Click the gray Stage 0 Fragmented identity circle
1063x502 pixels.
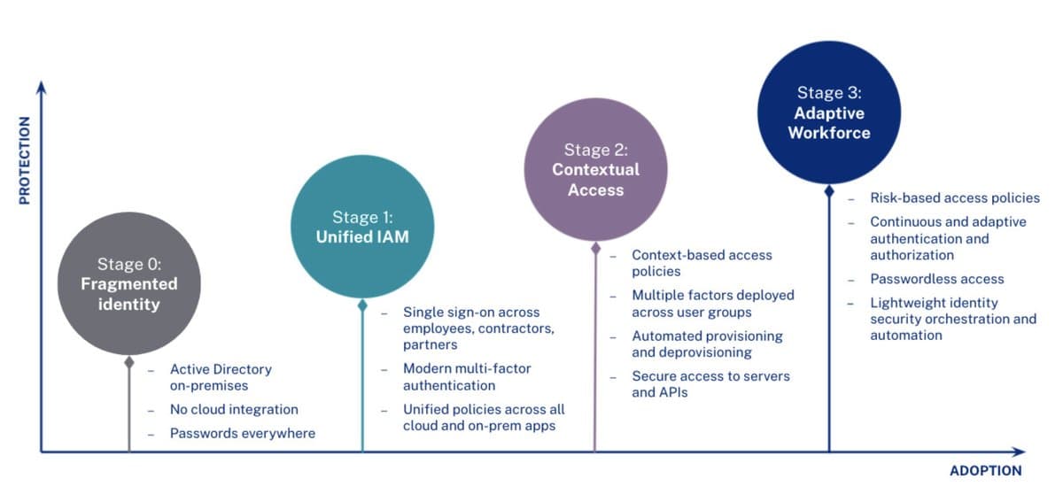[129, 283]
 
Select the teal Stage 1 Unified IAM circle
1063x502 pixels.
[362, 228]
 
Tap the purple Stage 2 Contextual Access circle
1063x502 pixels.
[595, 170]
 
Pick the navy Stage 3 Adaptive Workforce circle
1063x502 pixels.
[829, 112]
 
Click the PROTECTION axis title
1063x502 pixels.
[25, 160]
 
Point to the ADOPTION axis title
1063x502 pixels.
[985, 471]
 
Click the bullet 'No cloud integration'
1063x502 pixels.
[234, 410]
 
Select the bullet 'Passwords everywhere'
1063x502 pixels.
[242, 434]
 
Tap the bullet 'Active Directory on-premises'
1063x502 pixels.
[221, 377]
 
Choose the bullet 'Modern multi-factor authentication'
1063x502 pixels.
[467, 377]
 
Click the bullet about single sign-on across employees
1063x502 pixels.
[478, 328]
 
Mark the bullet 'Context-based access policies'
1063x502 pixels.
[701, 263]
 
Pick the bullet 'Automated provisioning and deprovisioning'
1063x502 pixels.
[706, 344]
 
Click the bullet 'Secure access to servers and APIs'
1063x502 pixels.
[710, 384]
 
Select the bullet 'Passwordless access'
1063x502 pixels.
[936, 279]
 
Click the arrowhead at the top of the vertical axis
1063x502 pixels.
[41, 85]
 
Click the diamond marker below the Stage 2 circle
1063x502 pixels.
[595, 249]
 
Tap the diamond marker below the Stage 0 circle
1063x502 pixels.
[129, 362]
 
